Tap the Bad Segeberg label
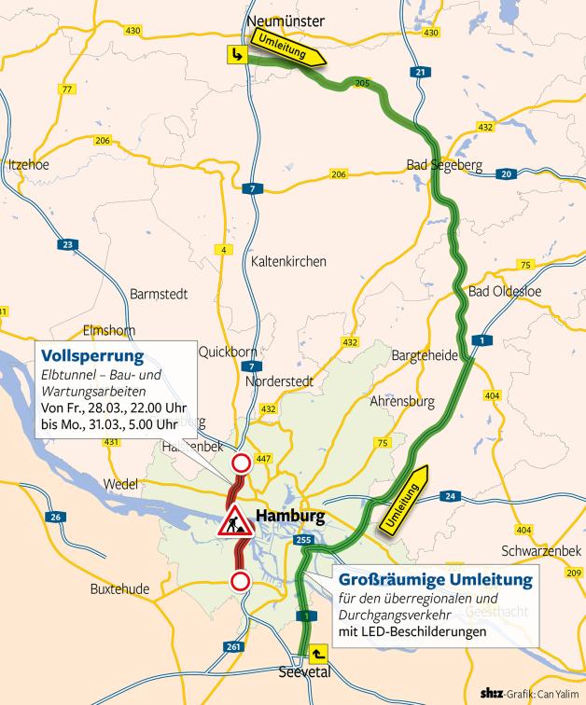[443, 165]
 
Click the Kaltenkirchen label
[288, 262]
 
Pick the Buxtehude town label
[120, 589]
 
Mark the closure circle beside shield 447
[240, 463]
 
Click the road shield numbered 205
[362, 84]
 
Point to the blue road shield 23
[66, 245]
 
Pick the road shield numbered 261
[233, 646]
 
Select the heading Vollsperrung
[91, 356]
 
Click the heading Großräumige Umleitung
[435, 579]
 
